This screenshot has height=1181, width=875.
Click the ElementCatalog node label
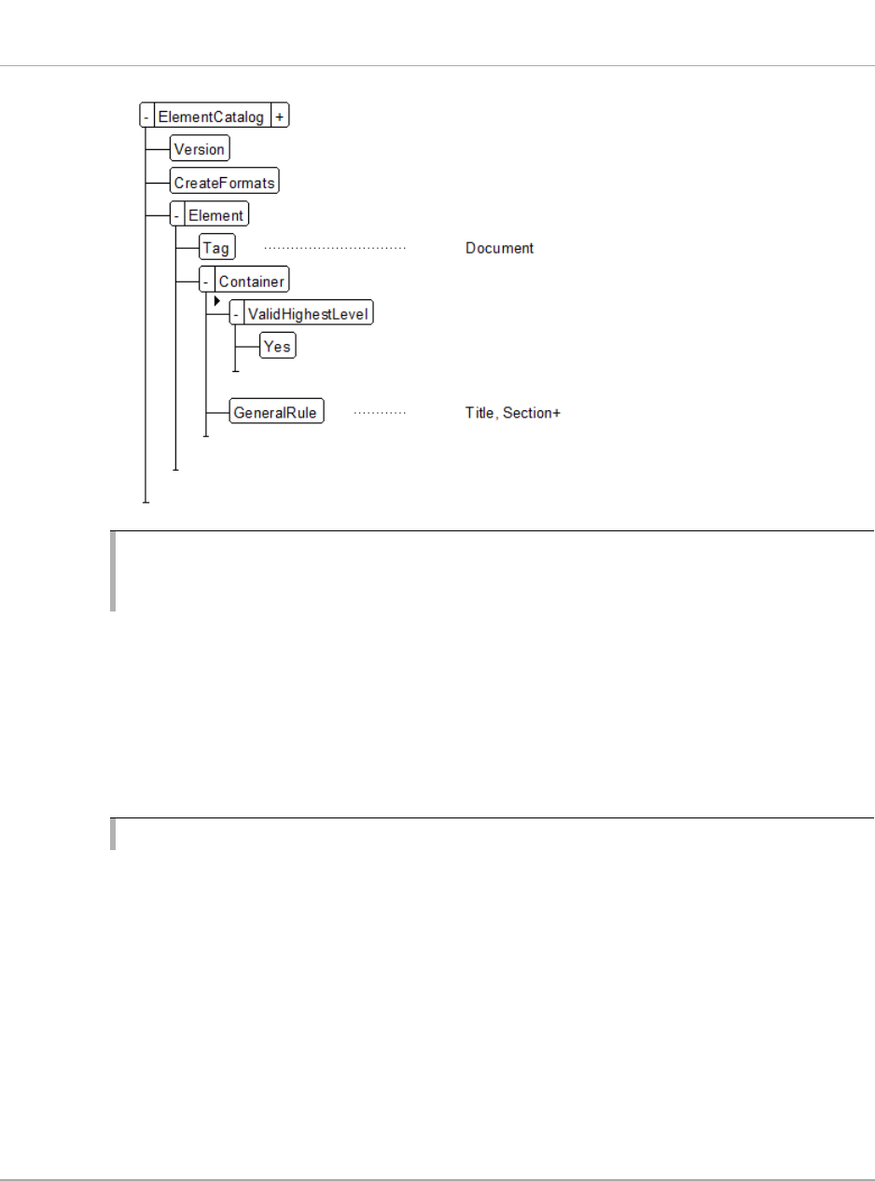point(211,117)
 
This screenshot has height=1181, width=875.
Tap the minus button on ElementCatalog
point(146,117)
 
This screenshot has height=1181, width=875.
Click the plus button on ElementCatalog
point(280,117)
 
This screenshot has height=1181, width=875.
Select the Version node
point(199,149)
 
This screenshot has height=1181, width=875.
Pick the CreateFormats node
point(224,183)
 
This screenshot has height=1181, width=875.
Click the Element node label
point(215,215)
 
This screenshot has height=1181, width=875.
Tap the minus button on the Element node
point(177,215)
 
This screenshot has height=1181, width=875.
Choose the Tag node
point(215,249)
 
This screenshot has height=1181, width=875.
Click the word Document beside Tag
point(499,249)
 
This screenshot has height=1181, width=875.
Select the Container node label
point(250,282)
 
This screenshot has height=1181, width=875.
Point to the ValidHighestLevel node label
point(307,314)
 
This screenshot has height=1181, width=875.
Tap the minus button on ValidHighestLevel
point(237,314)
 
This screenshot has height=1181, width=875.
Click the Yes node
point(277,347)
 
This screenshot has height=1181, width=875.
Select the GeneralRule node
point(277,412)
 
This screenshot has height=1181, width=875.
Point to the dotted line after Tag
point(335,249)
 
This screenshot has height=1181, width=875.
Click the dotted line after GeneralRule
point(380,412)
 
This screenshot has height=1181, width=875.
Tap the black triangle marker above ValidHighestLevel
point(216,301)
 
